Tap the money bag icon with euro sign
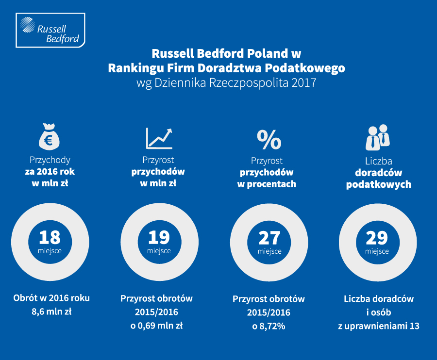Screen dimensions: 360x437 point(50,136)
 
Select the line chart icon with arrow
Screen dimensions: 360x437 point(159,138)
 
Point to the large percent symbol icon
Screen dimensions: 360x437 point(269,139)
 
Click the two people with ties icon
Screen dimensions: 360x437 point(377,137)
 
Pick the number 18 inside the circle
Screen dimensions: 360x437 point(50,237)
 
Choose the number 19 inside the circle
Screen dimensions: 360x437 point(159,237)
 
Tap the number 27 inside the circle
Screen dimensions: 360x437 point(269,238)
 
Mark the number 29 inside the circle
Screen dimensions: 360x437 point(377,238)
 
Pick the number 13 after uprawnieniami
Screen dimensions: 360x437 point(414,326)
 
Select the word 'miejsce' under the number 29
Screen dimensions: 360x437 point(377,251)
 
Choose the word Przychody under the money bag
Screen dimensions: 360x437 point(50,160)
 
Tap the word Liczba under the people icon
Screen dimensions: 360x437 point(378,161)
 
